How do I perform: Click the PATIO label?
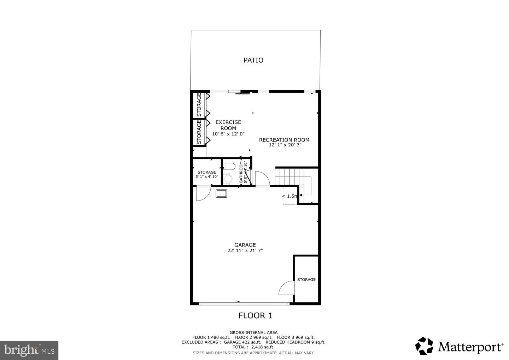click(253, 60)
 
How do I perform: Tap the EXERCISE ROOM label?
click(228, 125)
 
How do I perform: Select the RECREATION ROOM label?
click(284, 140)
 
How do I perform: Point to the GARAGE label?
click(245, 245)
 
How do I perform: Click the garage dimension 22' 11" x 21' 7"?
click(245, 251)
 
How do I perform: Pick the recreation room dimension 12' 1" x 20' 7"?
click(285, 145)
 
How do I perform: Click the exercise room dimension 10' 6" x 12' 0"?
click(228, 134)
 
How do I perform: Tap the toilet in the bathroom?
click(229, 173)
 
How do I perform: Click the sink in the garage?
click(222, 194)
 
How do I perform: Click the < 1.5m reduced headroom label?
click(290, 196)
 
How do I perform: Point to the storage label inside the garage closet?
click(306, 280)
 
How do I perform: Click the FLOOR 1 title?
click(255, 315)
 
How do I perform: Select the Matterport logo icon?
click(424, 346)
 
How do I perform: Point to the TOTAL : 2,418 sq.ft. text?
click(253, 347)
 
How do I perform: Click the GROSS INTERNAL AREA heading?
click(253, 332)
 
